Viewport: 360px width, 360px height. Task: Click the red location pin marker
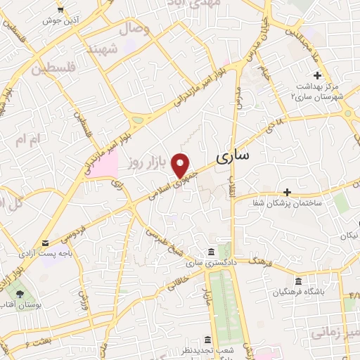(182, 165)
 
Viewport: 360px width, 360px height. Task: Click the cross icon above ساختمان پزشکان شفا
(287, 191)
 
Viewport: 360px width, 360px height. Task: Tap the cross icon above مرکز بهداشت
(317, 75)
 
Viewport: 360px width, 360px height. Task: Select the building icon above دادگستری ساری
(212, 252)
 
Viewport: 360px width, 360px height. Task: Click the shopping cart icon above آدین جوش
(61, 9)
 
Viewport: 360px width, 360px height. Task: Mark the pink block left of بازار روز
(105, 167)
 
